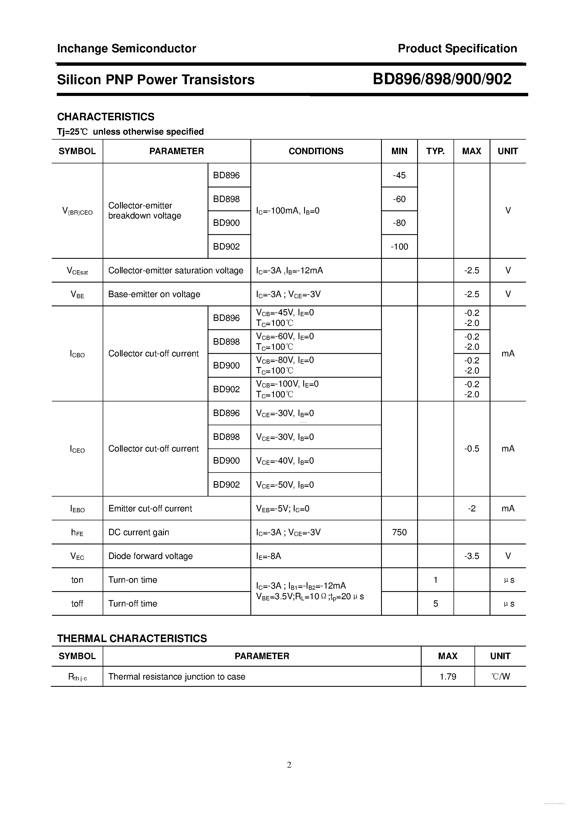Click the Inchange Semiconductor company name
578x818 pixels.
(x=126, y=48)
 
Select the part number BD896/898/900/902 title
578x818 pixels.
(x=442, y=79)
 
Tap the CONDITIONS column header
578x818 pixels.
(x=316, y=151)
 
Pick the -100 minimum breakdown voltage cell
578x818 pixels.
(x=399, y=246)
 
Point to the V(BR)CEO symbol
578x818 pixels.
(x=77, y=211)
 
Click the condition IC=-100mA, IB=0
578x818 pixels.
(x=288, y=211)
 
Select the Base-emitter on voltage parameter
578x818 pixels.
(x=154, y=294)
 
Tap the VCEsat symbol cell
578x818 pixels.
(x=77, y=271)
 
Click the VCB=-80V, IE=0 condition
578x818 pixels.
(x=285, y=360)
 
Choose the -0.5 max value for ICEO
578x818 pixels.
(x=471, y=448)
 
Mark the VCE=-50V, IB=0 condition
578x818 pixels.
(x=285, y=485)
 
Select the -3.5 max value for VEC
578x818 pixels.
(x=471, y=556)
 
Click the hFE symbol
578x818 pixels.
(x=77, y=532)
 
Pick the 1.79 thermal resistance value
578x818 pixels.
(x=448, y=676)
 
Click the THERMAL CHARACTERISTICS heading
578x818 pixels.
(x=132, y=638)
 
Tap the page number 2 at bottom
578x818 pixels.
(x=289, y=765)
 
